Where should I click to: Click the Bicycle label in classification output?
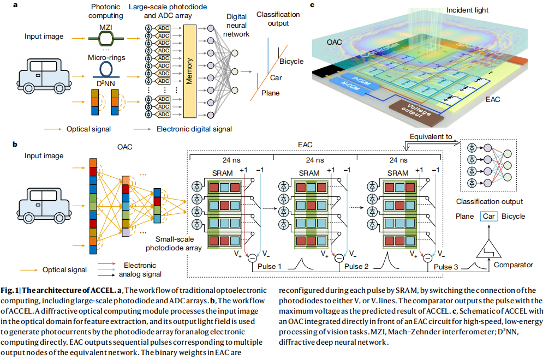[x=291, y=61]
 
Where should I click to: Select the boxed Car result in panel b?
[x=488, y=216]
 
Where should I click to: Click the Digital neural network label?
[x=238, y=26]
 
